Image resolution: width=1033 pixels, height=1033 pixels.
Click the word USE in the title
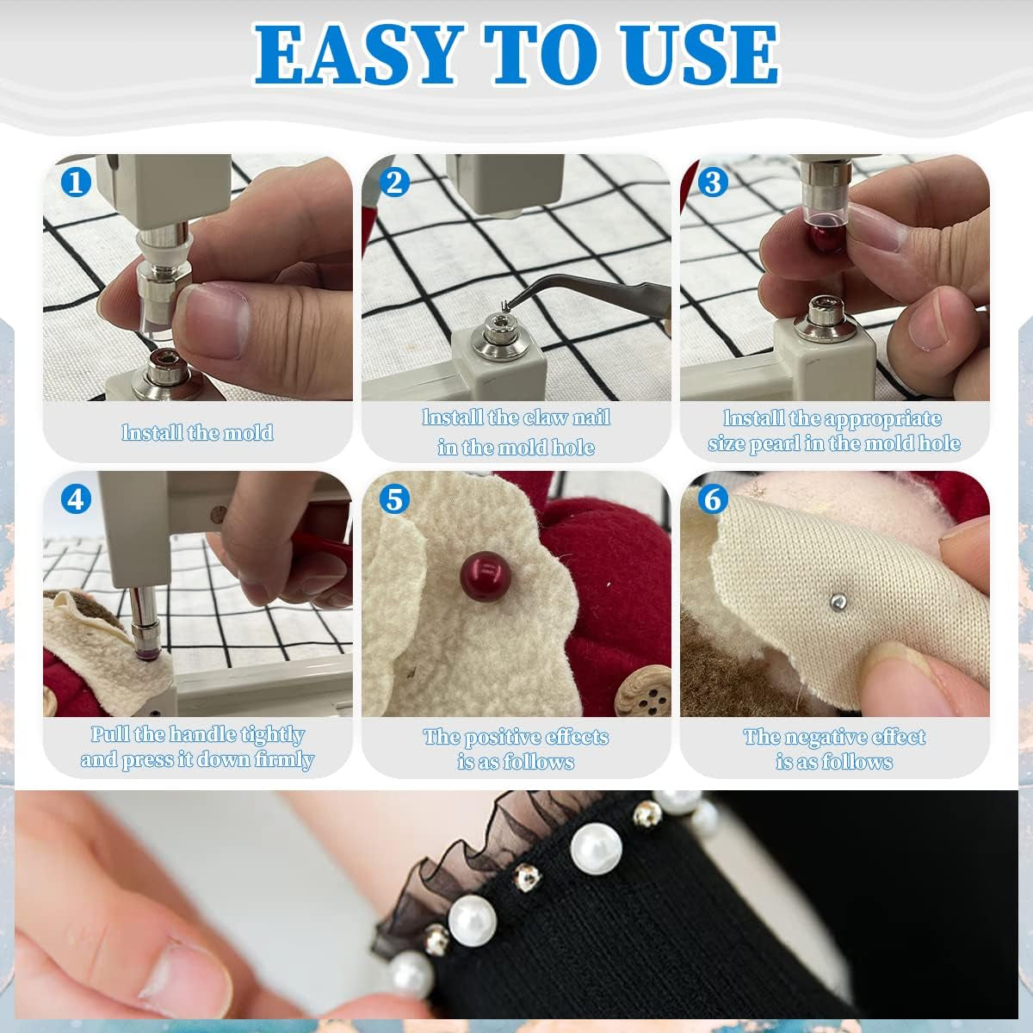[690, 54]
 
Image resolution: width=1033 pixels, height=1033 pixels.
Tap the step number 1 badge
[77, 182]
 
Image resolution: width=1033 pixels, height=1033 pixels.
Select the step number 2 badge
[394, 182]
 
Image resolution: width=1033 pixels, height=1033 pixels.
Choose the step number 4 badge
[77, 498]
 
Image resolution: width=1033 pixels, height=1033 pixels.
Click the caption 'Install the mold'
[197, 432]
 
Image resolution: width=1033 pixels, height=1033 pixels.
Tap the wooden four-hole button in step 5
[638, 694]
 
